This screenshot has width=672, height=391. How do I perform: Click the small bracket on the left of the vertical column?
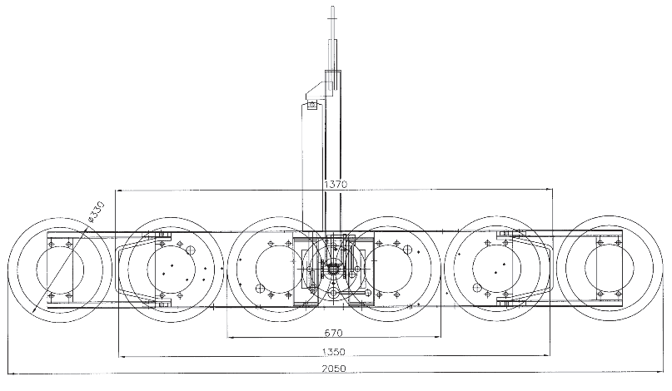pyautogui.click(x=312, y=103)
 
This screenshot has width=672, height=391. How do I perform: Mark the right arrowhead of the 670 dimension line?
pyautogui.click(x=440, y=337)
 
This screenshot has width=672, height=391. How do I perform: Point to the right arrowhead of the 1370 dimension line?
pyautogui.click(x=553, y=189)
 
